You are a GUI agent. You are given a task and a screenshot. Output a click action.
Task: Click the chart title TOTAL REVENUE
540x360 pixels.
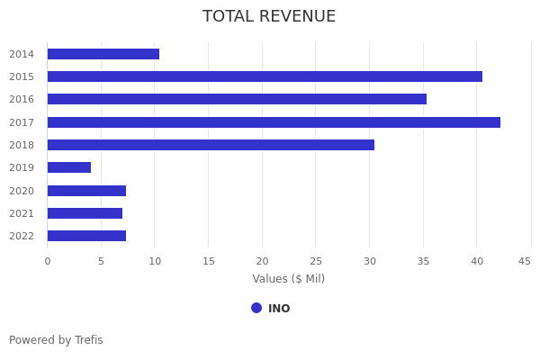(x=269, y=17)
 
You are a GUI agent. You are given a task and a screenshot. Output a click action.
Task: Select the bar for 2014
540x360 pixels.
(x=103, y=54)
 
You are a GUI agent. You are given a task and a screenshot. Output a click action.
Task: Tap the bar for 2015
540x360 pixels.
(x=265, y=76)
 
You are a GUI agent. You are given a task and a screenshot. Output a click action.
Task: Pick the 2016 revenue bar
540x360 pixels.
(x=237, y=99)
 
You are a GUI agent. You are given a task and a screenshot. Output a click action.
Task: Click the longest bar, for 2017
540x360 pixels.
(x=274, y=122)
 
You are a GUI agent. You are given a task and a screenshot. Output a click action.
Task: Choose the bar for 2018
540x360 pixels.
(x=211, y=145)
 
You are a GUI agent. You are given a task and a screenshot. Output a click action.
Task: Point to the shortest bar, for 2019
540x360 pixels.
(x=69, y=167)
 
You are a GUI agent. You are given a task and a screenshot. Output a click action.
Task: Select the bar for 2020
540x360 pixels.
(x=86, y=191)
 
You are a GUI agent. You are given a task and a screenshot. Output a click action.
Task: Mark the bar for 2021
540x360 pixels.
(x=85, y=213)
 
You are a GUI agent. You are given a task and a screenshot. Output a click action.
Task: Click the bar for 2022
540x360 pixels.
(x=86, y=236)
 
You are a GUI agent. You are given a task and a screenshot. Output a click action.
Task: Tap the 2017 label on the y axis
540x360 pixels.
(x=22, y=122)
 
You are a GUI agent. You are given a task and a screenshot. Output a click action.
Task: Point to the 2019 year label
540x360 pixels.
(x=22, y=167)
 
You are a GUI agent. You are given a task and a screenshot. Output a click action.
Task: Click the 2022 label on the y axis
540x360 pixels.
(x=22, y=236)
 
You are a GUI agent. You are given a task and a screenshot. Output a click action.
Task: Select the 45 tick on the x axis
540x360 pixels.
(x=524, y=261)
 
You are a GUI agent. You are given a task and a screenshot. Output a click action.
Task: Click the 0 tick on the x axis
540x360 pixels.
(x=48, y=261)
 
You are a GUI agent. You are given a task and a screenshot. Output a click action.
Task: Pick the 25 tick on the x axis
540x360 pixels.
(x=315, y=261)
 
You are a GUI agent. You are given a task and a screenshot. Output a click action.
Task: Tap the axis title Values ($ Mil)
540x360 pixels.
(x=288, y=279)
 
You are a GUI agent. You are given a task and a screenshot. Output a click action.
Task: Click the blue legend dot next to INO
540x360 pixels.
(x=256, y=308)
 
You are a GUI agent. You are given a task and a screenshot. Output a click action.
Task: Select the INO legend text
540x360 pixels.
(x=279, y=309)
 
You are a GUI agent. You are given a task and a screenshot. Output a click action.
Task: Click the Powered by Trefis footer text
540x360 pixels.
(x=56, y=340)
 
